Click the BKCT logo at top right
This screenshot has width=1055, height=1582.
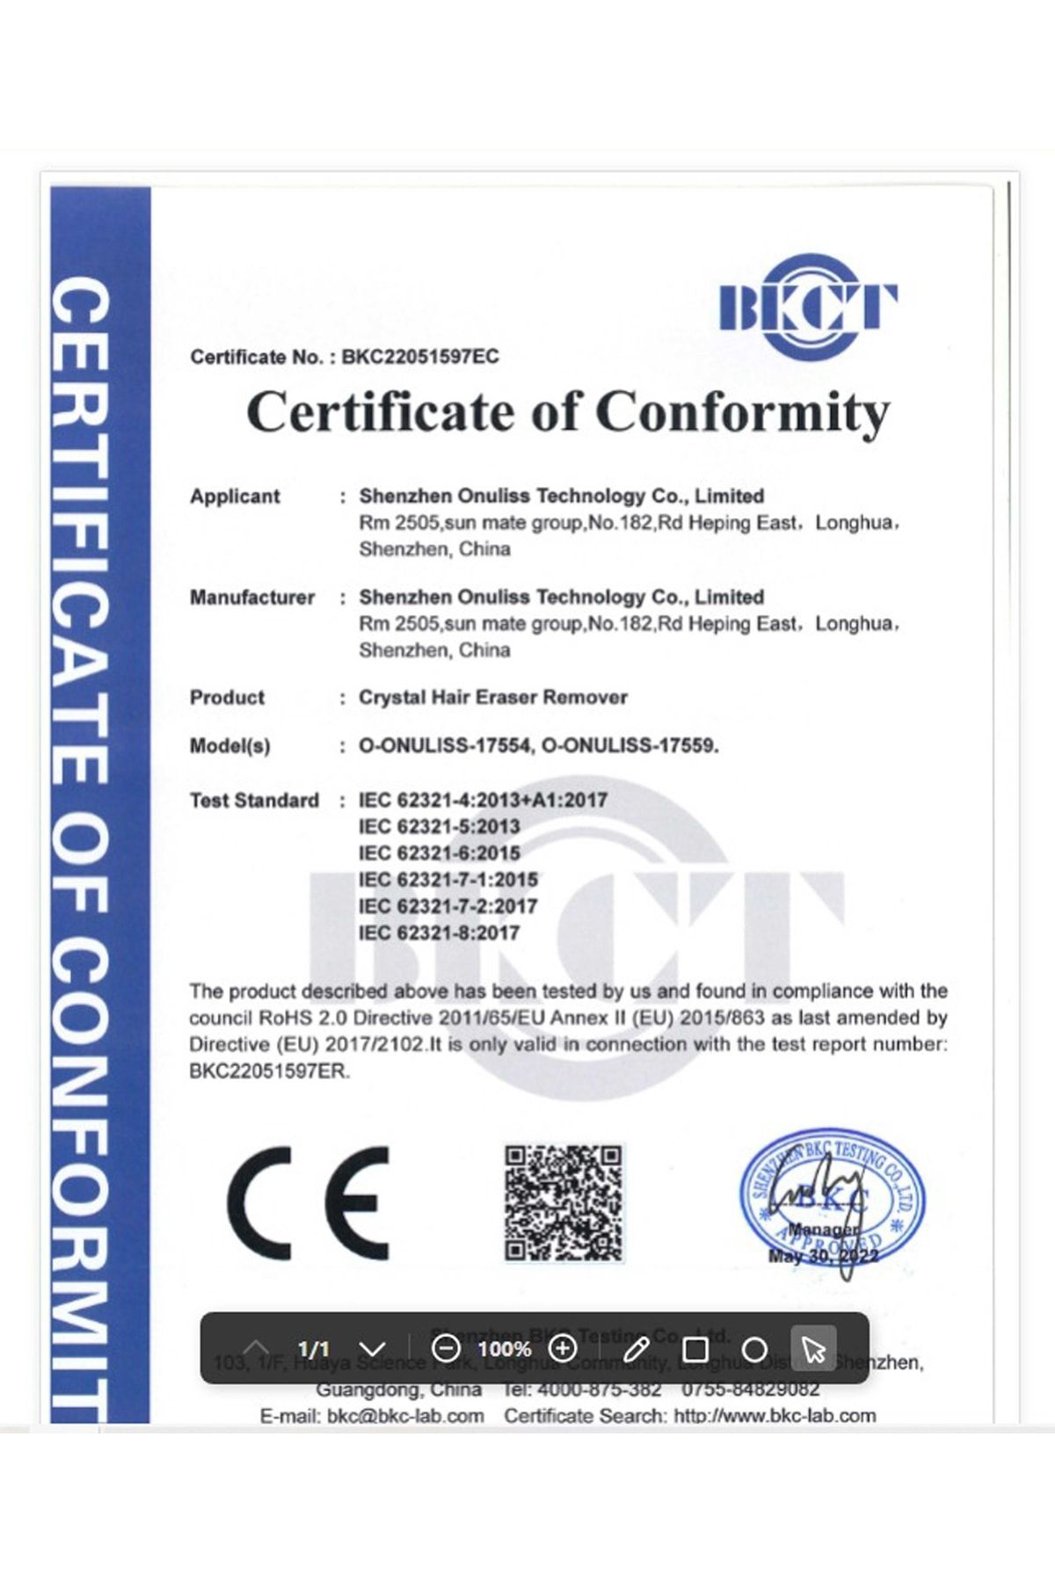(808, 307)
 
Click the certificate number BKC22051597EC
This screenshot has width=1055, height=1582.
(420, 357)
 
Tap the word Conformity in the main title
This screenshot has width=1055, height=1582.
(743, 412)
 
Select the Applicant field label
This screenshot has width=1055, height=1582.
(235, 496)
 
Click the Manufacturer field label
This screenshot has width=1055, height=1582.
(251, 598)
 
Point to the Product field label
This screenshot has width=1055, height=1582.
(227, 698)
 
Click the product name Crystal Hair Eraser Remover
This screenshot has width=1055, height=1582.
(492, 698)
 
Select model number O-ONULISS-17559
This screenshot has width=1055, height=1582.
(629, 746)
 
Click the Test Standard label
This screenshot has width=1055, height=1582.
(254, 801)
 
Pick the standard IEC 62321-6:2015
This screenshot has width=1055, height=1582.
(439, 853)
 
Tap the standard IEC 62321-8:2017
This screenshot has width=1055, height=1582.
(439, 933)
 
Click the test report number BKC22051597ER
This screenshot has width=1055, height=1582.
(269, 1072)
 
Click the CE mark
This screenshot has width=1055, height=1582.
(309, 1202)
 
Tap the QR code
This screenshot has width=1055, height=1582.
(564, 1202)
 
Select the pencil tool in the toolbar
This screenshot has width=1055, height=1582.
(636, 1349)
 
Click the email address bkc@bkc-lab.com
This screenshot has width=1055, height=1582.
(405, 1416)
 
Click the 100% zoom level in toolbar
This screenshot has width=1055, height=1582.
(504, 1349)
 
